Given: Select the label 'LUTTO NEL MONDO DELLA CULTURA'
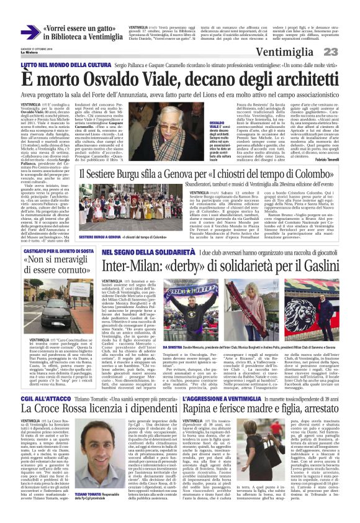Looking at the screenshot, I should point(60,65).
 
